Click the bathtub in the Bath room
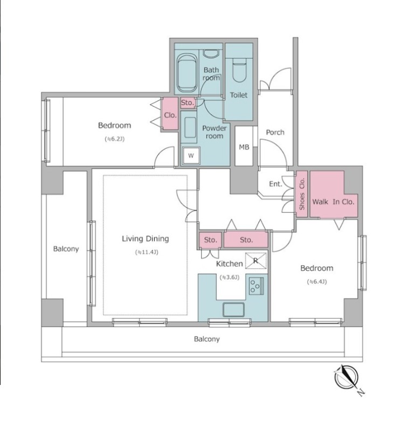(187, 73)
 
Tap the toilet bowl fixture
(239, 71)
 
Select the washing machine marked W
(191, 156)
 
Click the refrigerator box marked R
(256, 261)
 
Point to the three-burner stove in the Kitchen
(256, 286)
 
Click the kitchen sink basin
(233, 309)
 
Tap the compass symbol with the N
(347, 377)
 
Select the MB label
(244, 147)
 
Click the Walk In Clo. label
(333, 201)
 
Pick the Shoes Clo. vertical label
(302, 194)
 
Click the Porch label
(275, 132)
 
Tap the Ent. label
(275, 184)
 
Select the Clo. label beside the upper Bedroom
(170, 115)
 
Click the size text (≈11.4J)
(147, 252)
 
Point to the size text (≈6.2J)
(115, 139)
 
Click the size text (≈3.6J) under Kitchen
(229, 277)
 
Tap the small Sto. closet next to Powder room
(188, 103)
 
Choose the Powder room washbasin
(190, 127)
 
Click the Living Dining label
(146, 239)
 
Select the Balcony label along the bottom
(207, 339)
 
